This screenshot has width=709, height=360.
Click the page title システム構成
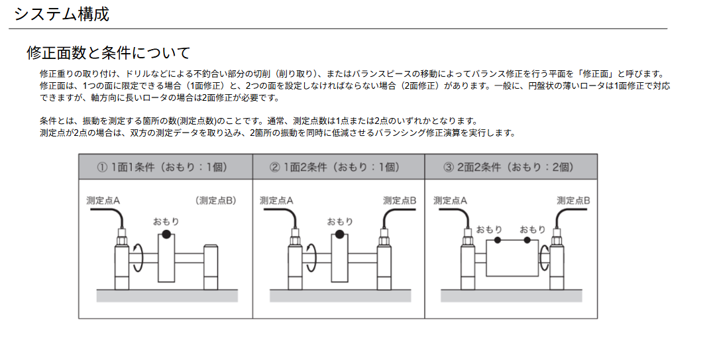[x=62, y=15]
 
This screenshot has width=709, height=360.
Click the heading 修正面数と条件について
[x=109, y=53]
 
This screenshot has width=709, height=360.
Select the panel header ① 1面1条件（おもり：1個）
[x=162, y=167]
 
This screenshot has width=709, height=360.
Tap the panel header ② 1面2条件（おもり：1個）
[x=335, y=167]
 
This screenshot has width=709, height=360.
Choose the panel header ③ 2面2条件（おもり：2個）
[x=509, y=167]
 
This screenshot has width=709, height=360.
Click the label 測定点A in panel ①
[x=103, y=200]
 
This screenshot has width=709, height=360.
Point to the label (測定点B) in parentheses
[x=216, y=200]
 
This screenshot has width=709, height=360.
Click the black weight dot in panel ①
[x=166, y=234]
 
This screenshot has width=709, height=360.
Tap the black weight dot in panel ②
[x=339, y=234]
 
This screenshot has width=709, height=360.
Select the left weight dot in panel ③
[x=498, y=240]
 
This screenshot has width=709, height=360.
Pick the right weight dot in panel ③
[x=527, y=240]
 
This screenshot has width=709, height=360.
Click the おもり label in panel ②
[x=339, y=221]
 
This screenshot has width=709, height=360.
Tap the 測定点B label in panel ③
[x=573, y=200]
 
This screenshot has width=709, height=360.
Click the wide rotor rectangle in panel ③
[x=512, y=259]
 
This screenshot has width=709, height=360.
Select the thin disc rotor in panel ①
[x=166, y=257]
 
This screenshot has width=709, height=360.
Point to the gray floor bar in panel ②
[x=340, y=296]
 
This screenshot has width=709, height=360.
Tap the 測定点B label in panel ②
[x=400, y=200]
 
